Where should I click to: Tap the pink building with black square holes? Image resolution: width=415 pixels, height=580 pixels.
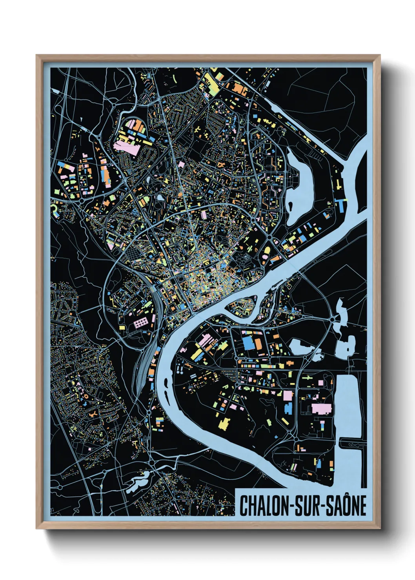coord(140,323)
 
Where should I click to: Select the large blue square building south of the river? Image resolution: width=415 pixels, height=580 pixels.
coord(248,342)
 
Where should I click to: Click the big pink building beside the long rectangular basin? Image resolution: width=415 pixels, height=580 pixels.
coord(322,408)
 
